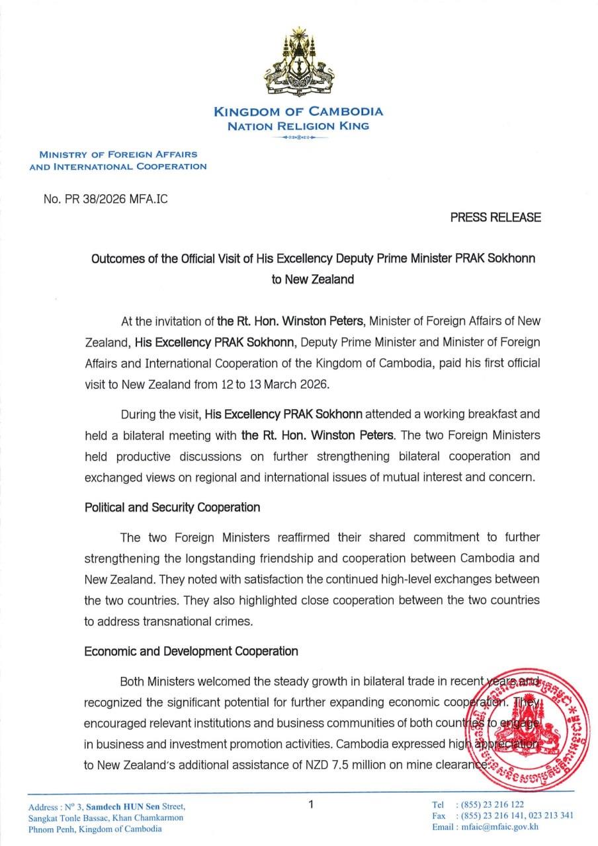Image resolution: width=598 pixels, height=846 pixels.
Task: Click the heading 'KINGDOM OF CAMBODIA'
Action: tap(298, 112)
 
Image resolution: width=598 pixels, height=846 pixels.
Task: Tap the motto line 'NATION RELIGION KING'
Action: tap(298, 126)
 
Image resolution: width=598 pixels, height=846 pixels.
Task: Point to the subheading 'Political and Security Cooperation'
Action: tap(172, 508)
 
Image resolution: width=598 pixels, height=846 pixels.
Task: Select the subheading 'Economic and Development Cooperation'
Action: tap(191, 651)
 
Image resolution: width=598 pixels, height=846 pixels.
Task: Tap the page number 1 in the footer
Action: tap(310, 804)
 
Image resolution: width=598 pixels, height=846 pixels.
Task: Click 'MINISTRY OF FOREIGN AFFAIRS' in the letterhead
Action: tap(118, 154)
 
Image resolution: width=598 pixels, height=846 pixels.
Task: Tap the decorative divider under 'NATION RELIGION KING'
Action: tap(298, 137)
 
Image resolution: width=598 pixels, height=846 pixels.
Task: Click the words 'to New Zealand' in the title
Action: tap(312, 279)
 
